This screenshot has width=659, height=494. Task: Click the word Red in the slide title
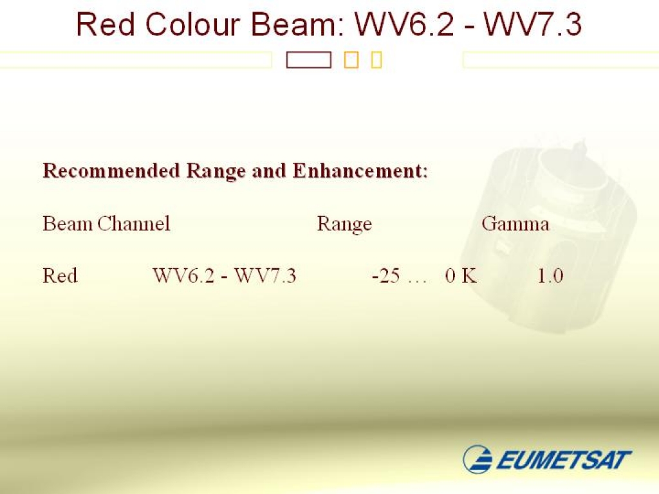pyautogui.click(x=106, y=24)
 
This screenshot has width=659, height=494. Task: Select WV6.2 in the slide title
pyautogui.click(x=404, y=24)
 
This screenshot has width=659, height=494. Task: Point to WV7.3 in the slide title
pyautogui.click(x=532, y=24)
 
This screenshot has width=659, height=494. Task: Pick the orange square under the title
pyautogui.click(x=351, y=60)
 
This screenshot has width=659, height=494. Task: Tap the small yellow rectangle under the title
pyautogui.click(x=376, y=60)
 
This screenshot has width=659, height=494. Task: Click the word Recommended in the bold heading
pyautogui.click(x=111, y=171)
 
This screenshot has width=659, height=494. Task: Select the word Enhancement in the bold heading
pyautogui.click(x=360, y=171)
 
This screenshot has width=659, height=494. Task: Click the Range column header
pyautogui.click(x=344, y=224)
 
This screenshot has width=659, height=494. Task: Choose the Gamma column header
pyautogui.click(x=515, y=223)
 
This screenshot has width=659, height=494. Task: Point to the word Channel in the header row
pyautogui.click(x=134, y=223)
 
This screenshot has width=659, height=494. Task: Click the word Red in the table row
pyautogui.click(x=60, y=276)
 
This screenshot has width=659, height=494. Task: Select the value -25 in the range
pyautogui.click(x=386, y=277)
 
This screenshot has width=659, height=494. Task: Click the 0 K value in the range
pyautogui.click(x=461, y=276)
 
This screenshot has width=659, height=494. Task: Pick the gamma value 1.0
pyautogui.click(x=550, y=276)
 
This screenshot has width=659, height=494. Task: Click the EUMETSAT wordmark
pyautogui.click(x=564, y=459)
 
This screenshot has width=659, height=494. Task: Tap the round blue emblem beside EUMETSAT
pyautogui.click(x=478, y=459)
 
